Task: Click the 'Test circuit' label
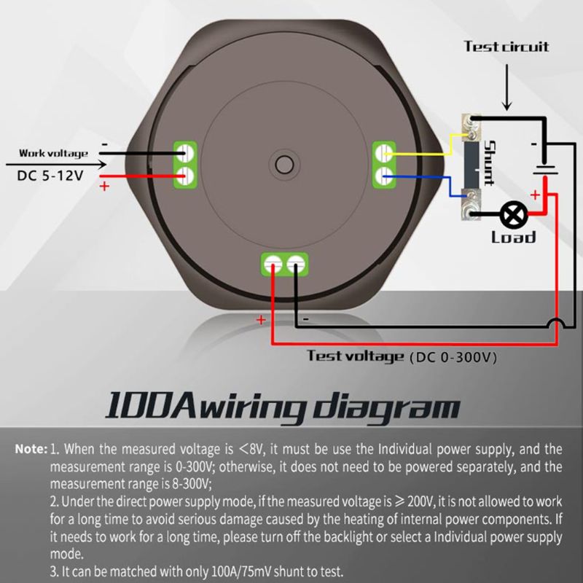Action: (506, 47)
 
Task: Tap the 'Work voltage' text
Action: (53, 153)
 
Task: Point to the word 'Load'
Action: (513, 237)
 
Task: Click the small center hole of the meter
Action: (283, 162)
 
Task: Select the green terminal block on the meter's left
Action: (187, 163)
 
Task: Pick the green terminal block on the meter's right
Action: (384, 163)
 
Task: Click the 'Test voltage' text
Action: (355, 356)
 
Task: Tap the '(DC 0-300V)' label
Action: (453, 357)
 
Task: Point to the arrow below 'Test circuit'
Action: (507, 87)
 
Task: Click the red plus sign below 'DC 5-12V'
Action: (103, 187)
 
